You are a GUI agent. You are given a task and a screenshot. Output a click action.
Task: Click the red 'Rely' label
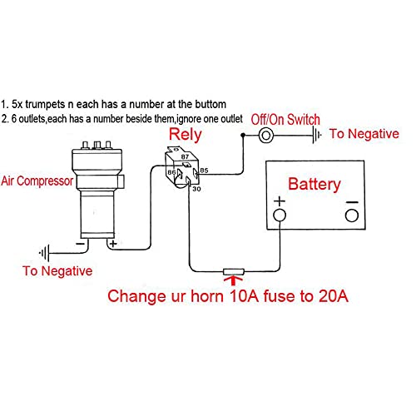coord(186,135)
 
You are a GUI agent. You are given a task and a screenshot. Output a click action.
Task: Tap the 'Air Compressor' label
coord(37,181)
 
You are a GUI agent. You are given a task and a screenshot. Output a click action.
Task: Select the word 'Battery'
coord(314,185)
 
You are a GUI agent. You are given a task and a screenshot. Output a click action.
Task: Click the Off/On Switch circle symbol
coord(266,136)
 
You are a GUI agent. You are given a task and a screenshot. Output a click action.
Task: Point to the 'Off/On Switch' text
coord(285,120)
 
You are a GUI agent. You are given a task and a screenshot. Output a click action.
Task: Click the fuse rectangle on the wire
coord(234,271)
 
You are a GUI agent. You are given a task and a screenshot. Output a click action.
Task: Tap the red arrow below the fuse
coord(233,280)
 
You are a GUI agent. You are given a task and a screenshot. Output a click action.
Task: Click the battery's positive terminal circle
coord(280,215)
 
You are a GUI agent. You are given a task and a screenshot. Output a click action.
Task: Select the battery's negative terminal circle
coord(352,215)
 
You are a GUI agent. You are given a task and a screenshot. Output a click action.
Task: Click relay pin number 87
coord(185,156)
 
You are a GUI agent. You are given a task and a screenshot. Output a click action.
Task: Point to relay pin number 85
coord(204,171)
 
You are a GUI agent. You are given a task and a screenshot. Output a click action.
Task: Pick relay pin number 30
coord(196,189)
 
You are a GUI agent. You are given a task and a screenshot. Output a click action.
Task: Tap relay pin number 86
coord(171,172)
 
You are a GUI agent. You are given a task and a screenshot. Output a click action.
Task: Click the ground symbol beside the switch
coord(317,135)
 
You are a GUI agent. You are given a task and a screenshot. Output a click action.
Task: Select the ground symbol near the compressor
coord(44,253)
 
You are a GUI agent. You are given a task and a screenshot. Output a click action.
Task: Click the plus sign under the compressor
coord(113,244)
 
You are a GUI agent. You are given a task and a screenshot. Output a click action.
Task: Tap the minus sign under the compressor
coord(80,244)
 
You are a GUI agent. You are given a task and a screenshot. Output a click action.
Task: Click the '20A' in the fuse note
coord(334,296)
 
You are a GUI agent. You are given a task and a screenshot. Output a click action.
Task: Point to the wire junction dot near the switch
coord(243,136)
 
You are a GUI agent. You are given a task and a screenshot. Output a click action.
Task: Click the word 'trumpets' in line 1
coord(45,105)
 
